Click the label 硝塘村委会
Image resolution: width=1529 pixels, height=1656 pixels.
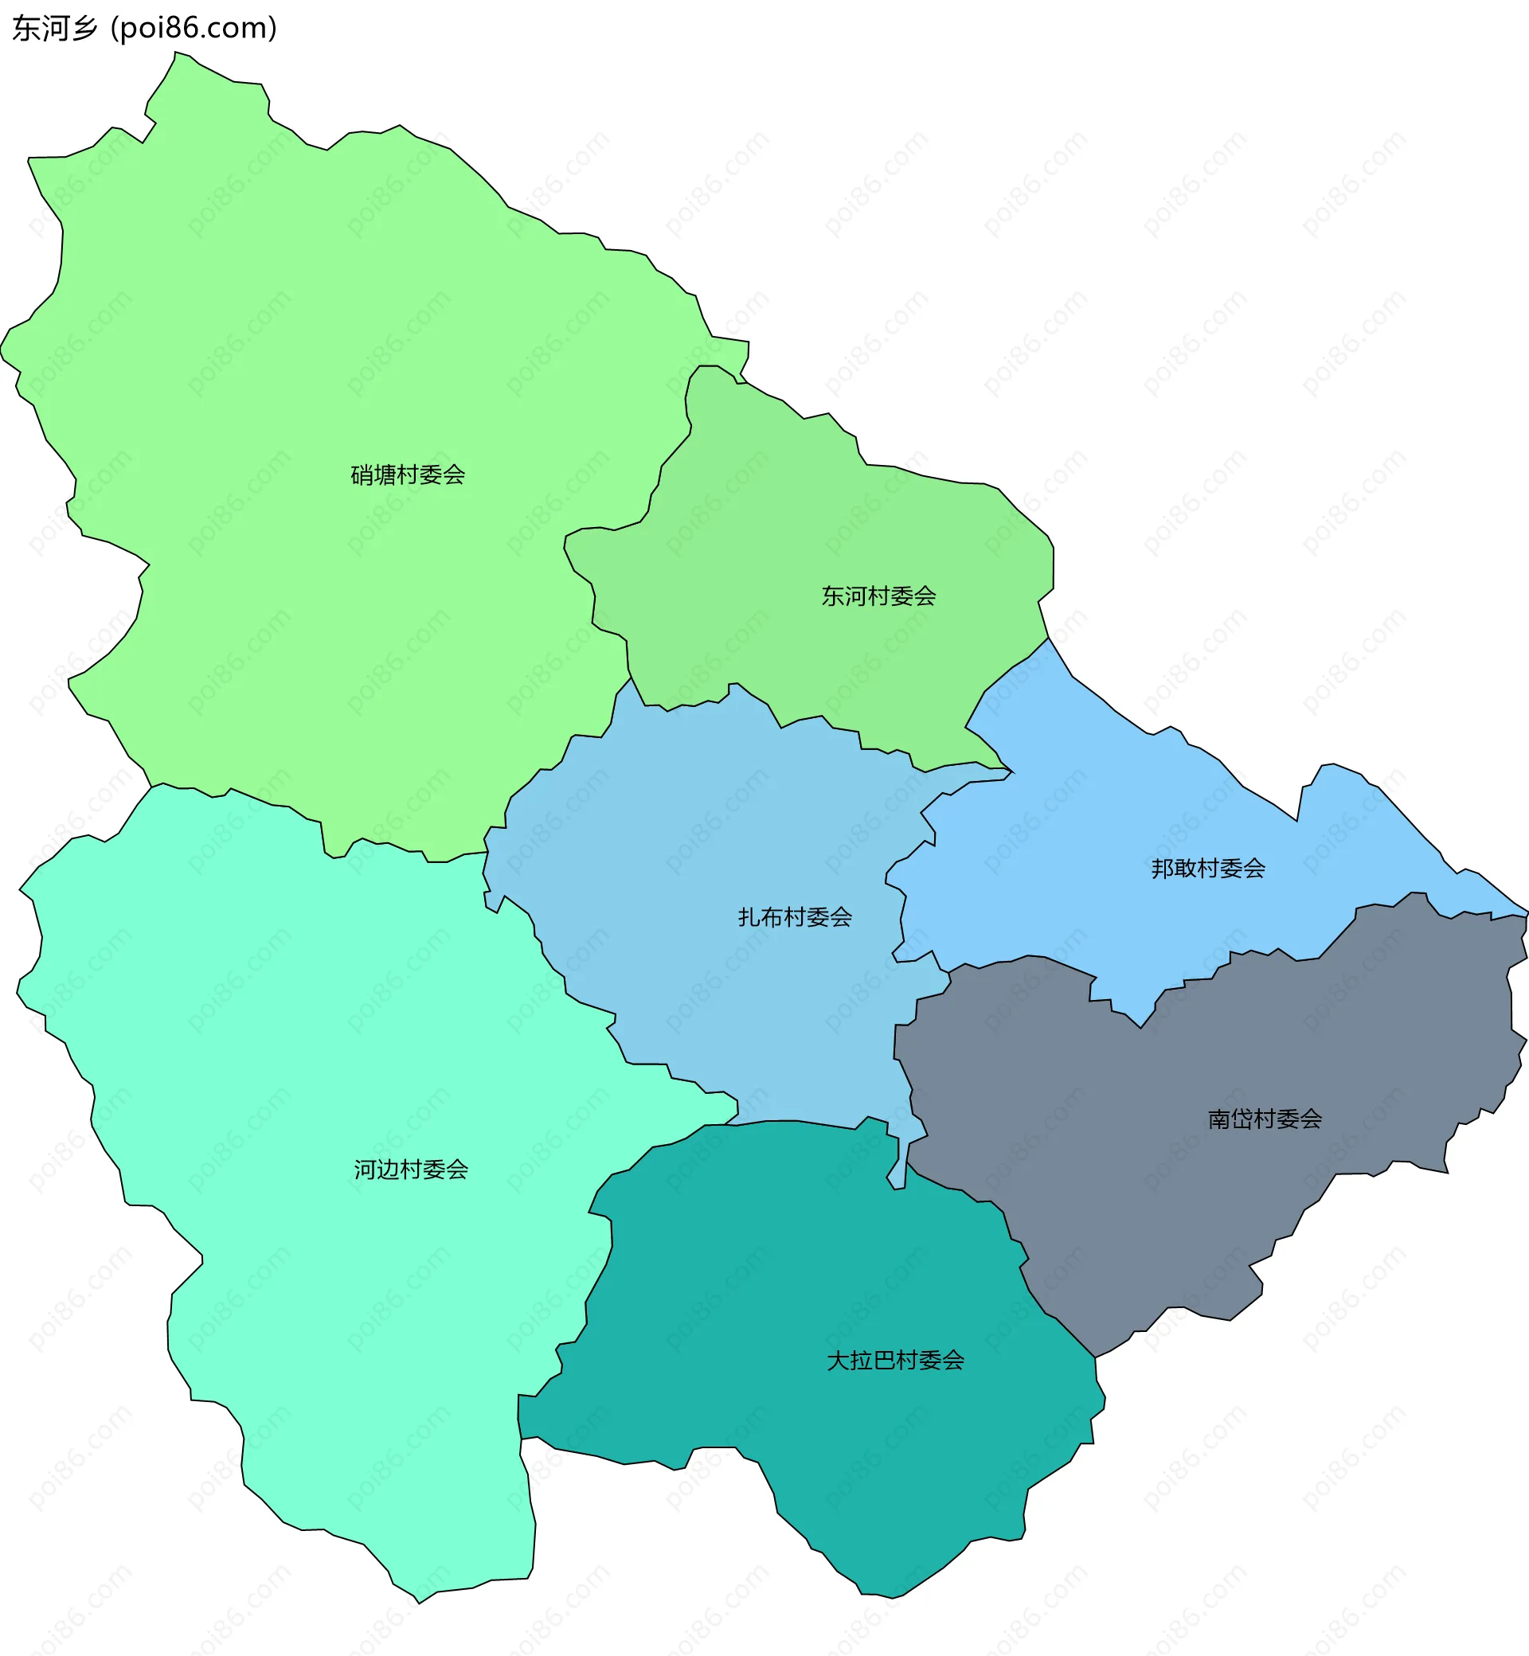point(408,475)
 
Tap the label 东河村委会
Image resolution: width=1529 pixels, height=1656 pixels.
point(878,596)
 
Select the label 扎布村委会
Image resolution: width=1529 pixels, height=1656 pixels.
point(795,916)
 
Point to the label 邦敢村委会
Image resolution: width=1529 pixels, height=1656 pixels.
point(1208,868)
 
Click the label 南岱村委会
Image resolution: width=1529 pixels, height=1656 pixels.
point(1265,1119)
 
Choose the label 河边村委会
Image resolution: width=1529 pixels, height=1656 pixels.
point(411,1169)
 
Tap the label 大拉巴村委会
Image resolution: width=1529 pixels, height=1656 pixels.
point(895,1360)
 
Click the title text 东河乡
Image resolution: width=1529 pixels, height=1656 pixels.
point(55,28)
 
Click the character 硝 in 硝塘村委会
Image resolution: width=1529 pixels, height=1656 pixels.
point(362,475)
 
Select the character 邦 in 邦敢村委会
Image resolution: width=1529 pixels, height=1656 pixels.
point(1163,868)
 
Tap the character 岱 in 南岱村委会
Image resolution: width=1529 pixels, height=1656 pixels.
point(1242,1119)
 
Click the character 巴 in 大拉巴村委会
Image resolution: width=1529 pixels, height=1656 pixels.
point(884,1360)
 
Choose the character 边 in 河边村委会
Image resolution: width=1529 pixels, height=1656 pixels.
point(388,1169)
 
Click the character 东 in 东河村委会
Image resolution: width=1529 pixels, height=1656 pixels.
point(832,596)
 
